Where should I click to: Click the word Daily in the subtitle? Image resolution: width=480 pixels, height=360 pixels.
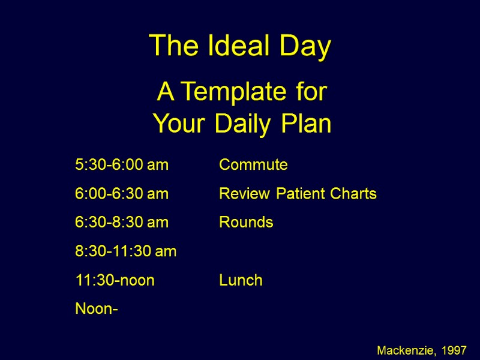247,124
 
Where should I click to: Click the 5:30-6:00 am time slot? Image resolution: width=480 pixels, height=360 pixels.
122,165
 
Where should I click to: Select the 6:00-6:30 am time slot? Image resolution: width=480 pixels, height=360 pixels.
122,194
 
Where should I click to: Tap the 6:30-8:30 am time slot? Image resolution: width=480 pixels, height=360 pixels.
122,223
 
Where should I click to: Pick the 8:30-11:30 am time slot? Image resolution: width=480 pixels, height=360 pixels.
126,251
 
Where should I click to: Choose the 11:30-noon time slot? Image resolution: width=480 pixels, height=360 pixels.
115,280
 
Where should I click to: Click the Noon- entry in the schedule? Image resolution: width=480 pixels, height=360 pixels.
96,309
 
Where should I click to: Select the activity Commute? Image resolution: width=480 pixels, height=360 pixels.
253,165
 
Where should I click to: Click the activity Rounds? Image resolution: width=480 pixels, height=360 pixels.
246,223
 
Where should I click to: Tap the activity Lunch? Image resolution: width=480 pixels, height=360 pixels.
241,280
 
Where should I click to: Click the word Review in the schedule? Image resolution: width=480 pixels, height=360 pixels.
239,194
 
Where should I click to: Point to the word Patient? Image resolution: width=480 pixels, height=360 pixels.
293,194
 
